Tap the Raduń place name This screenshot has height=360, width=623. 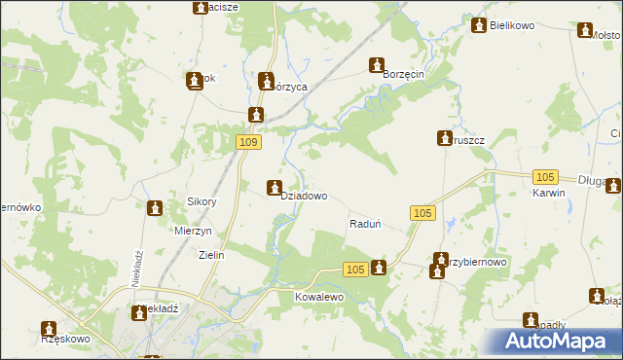coord(364,224)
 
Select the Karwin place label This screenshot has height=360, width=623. coord(549,193)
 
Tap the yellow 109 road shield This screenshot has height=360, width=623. coord(248,142)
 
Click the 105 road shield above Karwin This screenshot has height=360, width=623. coord(545,176)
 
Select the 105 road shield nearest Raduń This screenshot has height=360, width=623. coord(421,213)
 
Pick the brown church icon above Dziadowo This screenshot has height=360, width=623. coord(275,187)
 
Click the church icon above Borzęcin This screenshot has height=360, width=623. coord(377,65)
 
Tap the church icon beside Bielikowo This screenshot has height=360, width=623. coord(478,24)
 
